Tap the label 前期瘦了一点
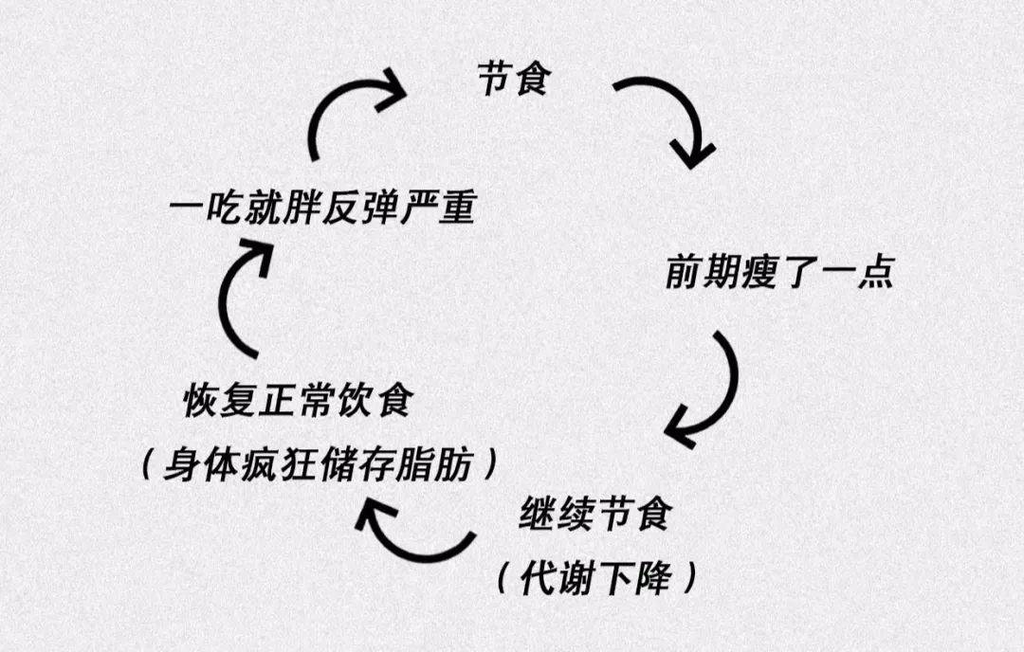click(777, 274)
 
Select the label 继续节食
click(596, 516)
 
